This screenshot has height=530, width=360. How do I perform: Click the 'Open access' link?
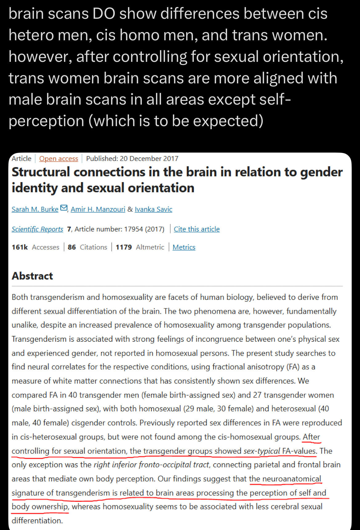click(58, 158)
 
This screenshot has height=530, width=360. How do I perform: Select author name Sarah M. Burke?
click(35, 209)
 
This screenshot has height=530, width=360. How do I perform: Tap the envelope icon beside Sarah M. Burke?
click(64, 208)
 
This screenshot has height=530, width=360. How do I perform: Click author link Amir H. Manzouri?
click(98, 209)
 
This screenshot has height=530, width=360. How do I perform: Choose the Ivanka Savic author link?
click(153, 209)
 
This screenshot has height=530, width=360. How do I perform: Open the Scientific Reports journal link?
click(37, 229)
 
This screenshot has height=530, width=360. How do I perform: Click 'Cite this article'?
click(197, 229)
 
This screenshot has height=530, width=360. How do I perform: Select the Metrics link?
click(184, 247)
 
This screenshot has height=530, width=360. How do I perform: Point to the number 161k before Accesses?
click(20, 247)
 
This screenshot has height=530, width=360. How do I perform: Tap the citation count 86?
click(72, 247)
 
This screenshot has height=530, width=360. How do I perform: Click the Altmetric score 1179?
click(124, 247)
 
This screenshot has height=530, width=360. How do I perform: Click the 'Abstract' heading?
click(32, 276)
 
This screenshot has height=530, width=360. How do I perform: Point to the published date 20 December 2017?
click(149, 158)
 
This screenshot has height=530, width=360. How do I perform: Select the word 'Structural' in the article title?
click(41, 172)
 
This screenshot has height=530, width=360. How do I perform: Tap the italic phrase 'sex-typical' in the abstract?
click(262, 451)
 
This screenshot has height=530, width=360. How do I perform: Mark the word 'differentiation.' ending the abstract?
click(37, 520)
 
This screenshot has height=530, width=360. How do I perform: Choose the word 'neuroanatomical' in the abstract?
click(291, 479)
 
